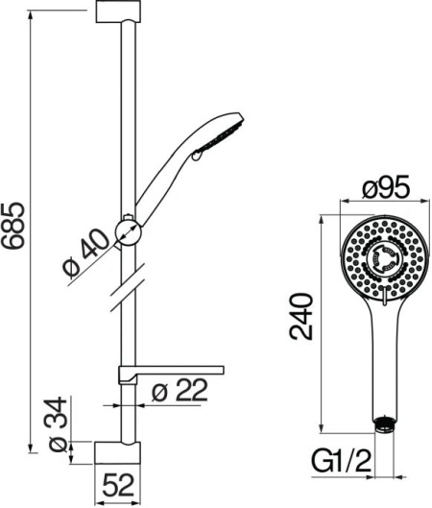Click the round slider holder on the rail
point(127,230)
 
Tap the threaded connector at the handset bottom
point(384,421)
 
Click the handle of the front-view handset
point(384,355)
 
